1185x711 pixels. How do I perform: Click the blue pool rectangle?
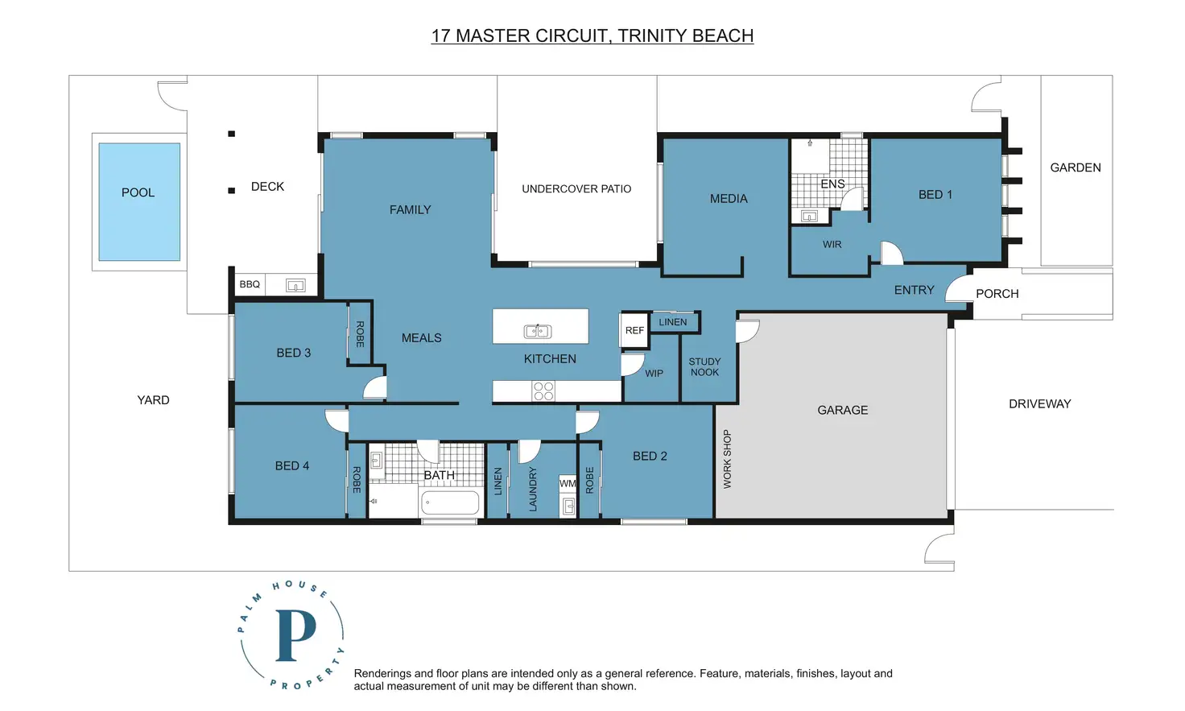(139, 201)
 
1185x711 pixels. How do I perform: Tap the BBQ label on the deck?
(250, 284)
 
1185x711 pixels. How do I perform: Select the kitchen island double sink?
(538, 331)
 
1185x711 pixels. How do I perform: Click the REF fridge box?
(634, 331)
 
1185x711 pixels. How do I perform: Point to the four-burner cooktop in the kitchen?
(543, 391)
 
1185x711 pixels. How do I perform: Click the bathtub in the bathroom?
(450, 502)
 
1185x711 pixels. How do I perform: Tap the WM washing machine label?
(568, 483)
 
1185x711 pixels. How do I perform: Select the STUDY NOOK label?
(704, 366)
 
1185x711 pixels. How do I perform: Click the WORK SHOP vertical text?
(728, 459)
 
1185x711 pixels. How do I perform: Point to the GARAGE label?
(843, 410)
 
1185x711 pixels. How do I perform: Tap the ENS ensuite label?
(832, 184)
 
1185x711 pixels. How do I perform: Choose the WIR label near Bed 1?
(832, 245)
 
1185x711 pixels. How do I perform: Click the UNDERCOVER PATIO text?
(576, 189)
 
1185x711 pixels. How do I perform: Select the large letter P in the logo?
(295, 635)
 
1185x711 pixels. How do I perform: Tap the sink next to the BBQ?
(295, 286)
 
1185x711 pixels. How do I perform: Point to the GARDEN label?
(1076, 167)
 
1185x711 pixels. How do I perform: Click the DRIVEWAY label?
(1040, 404)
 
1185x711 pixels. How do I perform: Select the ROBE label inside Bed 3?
(361, 334)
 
